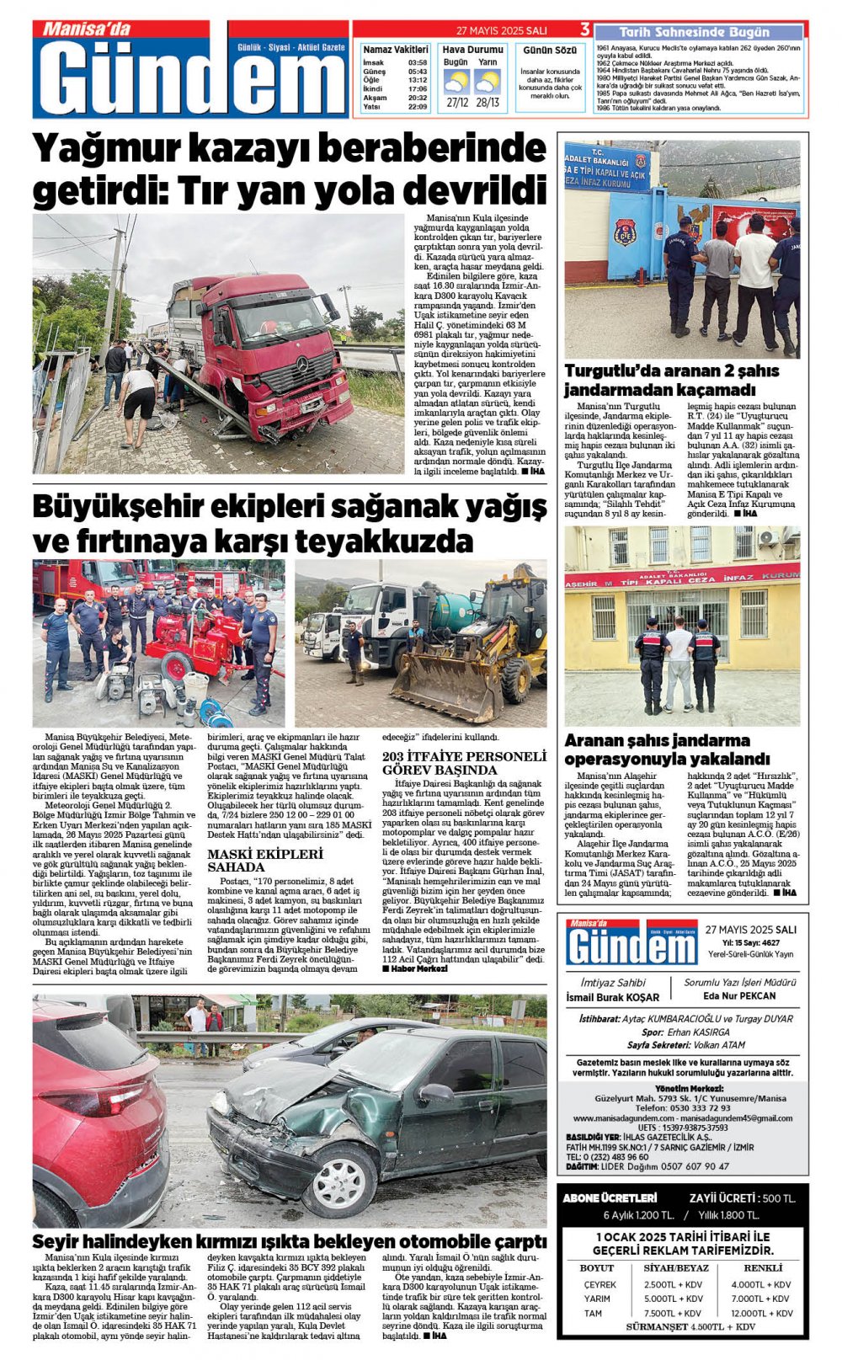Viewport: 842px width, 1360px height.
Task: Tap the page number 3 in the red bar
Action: coord(584,30)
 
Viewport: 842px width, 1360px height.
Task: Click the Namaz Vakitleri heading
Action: coord(395,51)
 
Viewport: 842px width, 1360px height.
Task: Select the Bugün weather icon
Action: coord(456,83)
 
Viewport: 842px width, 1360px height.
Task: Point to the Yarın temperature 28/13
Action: coord(487,103)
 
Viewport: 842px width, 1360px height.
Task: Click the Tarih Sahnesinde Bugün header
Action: coord(694,32)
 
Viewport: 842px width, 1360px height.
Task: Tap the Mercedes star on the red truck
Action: coord(302,365)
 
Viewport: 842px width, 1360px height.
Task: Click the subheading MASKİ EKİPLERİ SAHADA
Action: coord(264,860)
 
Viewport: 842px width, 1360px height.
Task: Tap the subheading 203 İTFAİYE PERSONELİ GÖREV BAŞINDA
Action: coord(464,762)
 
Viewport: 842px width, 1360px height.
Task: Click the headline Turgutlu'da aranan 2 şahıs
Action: coord(671,371)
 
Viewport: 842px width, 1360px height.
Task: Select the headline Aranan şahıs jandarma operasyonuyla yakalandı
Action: coord(667,749)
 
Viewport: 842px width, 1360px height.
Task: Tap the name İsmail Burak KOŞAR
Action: coord(612,997)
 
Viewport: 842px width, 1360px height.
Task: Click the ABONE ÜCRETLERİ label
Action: coord(610,1197)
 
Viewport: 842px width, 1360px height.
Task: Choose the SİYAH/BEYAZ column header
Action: coord(676,1267)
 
